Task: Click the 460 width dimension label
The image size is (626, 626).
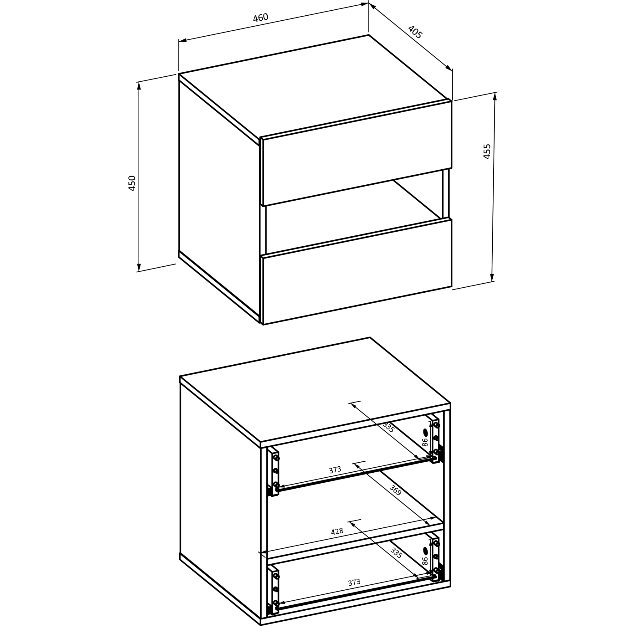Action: (x=260, y=18)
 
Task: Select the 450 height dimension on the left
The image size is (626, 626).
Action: (x=132, y=183)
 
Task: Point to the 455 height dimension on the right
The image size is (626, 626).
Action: (x=487, y=151)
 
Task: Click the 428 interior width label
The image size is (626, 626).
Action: (x=337, y=532)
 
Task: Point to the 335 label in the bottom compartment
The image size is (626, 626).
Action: (x=396, y=553)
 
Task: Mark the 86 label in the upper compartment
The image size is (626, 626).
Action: (x=425, y=442)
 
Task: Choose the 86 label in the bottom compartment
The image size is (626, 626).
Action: (x=425, y=561)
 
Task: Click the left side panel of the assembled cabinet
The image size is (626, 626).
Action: (x=219, y=198)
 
